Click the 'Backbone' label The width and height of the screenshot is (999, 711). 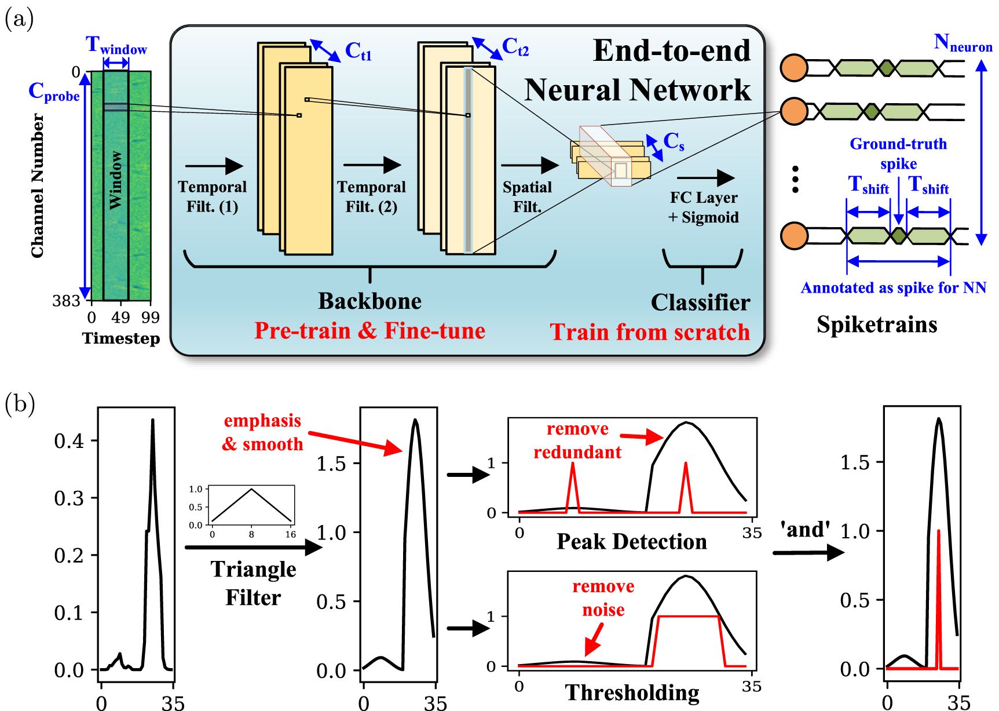369,301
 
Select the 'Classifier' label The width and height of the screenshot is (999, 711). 700,302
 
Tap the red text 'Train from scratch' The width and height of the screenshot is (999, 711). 650,332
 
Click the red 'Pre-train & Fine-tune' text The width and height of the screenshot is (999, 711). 369,331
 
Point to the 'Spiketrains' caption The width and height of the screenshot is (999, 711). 877,324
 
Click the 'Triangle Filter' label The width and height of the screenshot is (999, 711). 253,583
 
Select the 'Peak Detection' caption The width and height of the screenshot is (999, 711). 631,541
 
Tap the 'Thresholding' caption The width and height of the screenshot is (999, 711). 632,692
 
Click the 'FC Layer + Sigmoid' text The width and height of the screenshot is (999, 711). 704,207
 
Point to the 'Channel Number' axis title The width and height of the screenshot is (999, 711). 38,185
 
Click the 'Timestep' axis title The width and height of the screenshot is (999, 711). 120,338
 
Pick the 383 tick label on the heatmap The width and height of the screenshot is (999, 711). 66,301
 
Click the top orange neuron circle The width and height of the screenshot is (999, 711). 794,68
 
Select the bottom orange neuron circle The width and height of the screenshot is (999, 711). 794,236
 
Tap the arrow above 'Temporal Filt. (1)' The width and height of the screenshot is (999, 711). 214,166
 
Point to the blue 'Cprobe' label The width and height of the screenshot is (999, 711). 54,92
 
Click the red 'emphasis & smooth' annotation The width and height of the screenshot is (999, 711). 262,432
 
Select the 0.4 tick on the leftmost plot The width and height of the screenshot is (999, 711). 69,441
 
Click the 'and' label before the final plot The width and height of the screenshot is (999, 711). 805,529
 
